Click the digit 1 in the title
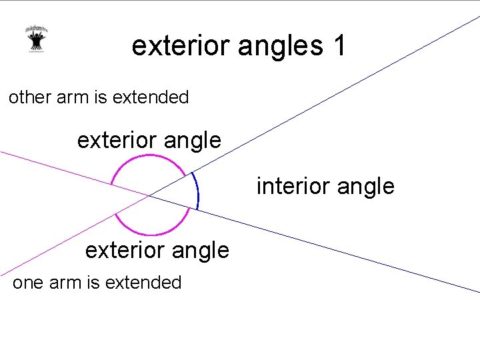coord(338,46)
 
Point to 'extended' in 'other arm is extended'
coord(151,97)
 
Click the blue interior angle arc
coord(197,192)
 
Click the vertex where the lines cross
coord(149,195)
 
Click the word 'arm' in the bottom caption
coord(65,283)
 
